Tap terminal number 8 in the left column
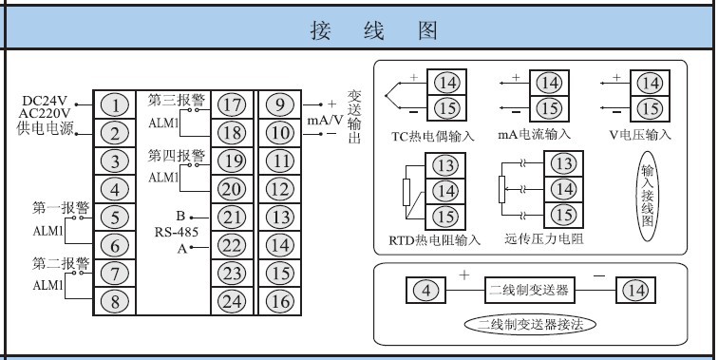115,302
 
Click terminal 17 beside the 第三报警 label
231,104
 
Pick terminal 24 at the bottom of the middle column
231,302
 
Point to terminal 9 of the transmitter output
279,104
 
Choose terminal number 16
279,302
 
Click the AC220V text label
46,114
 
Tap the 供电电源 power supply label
46,129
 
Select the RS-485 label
177,232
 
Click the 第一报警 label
61,207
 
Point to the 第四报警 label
176,155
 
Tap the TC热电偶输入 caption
432,136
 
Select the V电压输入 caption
640,136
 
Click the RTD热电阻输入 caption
434,238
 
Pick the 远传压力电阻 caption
544,238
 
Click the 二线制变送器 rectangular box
528,289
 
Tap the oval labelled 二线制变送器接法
530,324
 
